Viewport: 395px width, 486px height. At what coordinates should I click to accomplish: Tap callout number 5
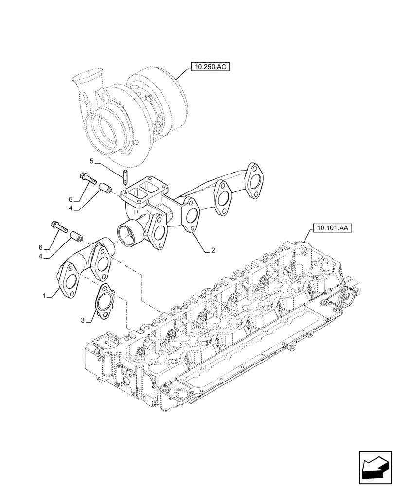[90, 161]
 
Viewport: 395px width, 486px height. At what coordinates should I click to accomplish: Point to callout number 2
[212, 251]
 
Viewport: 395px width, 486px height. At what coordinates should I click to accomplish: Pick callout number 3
[84, 320]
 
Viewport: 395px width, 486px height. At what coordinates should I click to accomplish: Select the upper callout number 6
[70, 200]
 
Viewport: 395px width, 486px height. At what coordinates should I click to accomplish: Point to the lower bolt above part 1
[59, 226]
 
